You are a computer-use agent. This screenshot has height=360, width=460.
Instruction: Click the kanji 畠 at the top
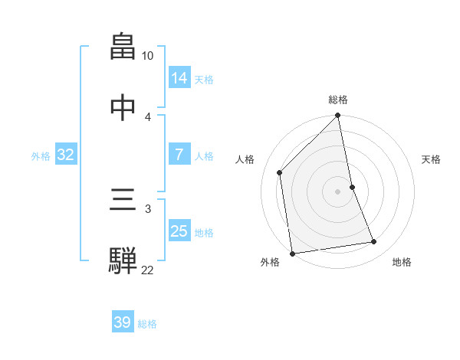[123, 47]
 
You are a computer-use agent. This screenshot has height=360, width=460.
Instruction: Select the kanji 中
[123, 109]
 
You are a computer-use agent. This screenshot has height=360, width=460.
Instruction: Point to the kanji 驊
[123, 260]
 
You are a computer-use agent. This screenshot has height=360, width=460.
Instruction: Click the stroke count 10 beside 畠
[148, 56]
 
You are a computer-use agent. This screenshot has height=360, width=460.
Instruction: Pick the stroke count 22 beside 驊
[148, 270]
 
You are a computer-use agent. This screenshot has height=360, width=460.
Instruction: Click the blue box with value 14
[179, 78]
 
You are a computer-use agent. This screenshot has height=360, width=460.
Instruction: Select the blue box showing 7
[179, 155]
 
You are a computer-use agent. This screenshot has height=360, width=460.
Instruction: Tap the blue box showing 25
[179, 231]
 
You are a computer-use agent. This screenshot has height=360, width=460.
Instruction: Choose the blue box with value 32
[66, 155]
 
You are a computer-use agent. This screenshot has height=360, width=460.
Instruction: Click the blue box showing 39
[123, 322]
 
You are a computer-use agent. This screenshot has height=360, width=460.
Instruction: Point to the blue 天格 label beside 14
[204, 79]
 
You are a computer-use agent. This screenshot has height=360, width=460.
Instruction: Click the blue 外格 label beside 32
[41, 155]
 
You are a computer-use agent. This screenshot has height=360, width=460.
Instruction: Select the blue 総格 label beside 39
[147, 323]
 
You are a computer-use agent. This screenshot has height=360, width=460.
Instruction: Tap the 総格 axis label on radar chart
[338, 100]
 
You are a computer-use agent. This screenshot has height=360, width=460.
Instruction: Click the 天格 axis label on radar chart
[431, 159]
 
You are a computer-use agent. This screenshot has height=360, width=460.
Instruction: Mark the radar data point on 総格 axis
[338, 116]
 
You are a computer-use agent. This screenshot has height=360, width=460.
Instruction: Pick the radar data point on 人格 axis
[280, 172]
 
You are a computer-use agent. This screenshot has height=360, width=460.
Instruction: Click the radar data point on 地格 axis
[374, 242]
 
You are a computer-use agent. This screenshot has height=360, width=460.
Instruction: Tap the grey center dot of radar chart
[338, 191]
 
